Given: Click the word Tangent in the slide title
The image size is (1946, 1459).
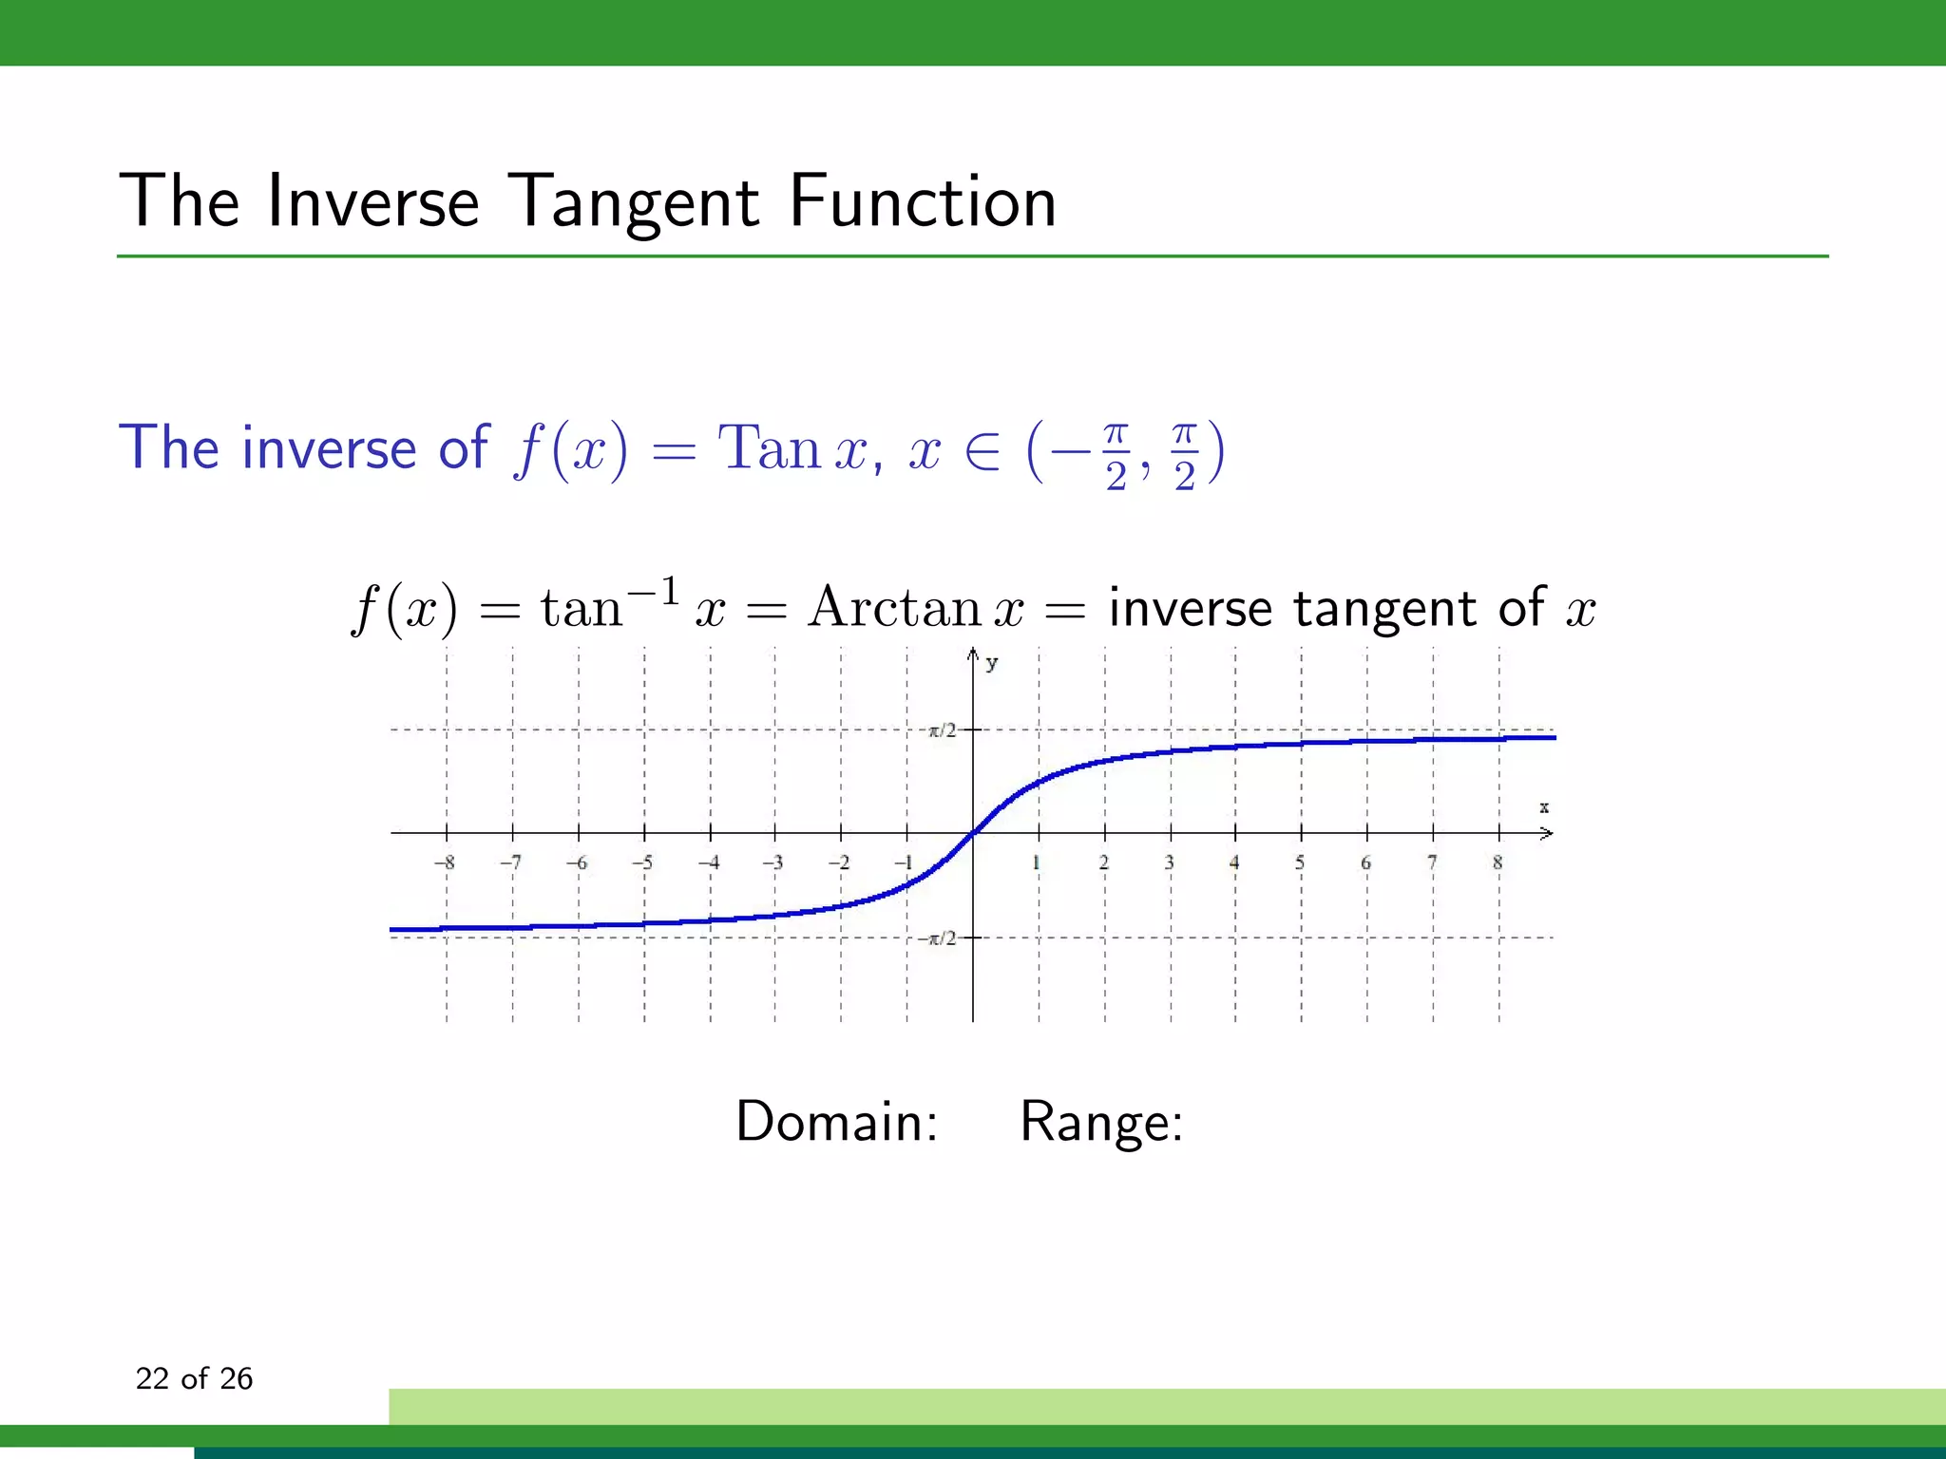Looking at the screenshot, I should tap(634, 202).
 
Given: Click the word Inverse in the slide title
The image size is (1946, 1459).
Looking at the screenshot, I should tap(372, 202).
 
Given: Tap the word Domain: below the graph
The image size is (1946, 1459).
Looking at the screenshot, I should tap(837, 1122).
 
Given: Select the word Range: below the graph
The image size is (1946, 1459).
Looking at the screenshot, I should tap(1101, 1122).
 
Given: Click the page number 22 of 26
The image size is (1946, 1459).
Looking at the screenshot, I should tap(194, 1378).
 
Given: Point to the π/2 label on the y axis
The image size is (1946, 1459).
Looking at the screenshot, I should tap(942, 730).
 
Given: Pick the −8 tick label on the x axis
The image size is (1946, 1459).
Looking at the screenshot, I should tap(444, 862).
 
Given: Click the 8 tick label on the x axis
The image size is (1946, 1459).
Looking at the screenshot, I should tap(1498, 862).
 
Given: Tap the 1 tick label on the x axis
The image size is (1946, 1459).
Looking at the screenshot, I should tap(1037, 862).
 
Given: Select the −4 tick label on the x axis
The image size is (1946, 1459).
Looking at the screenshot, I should tap(708, 862).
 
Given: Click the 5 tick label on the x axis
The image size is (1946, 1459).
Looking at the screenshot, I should tap(1300, 862).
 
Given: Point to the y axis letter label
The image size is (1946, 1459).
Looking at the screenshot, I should tap(992, 663).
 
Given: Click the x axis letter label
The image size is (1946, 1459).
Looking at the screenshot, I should tap(1544, 807).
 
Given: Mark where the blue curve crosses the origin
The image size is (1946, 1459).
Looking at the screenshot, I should tap(973, 833).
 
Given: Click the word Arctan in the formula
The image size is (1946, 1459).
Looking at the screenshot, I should tap(893, 607).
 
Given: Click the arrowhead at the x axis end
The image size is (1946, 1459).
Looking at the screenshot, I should tap(1547, 833).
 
